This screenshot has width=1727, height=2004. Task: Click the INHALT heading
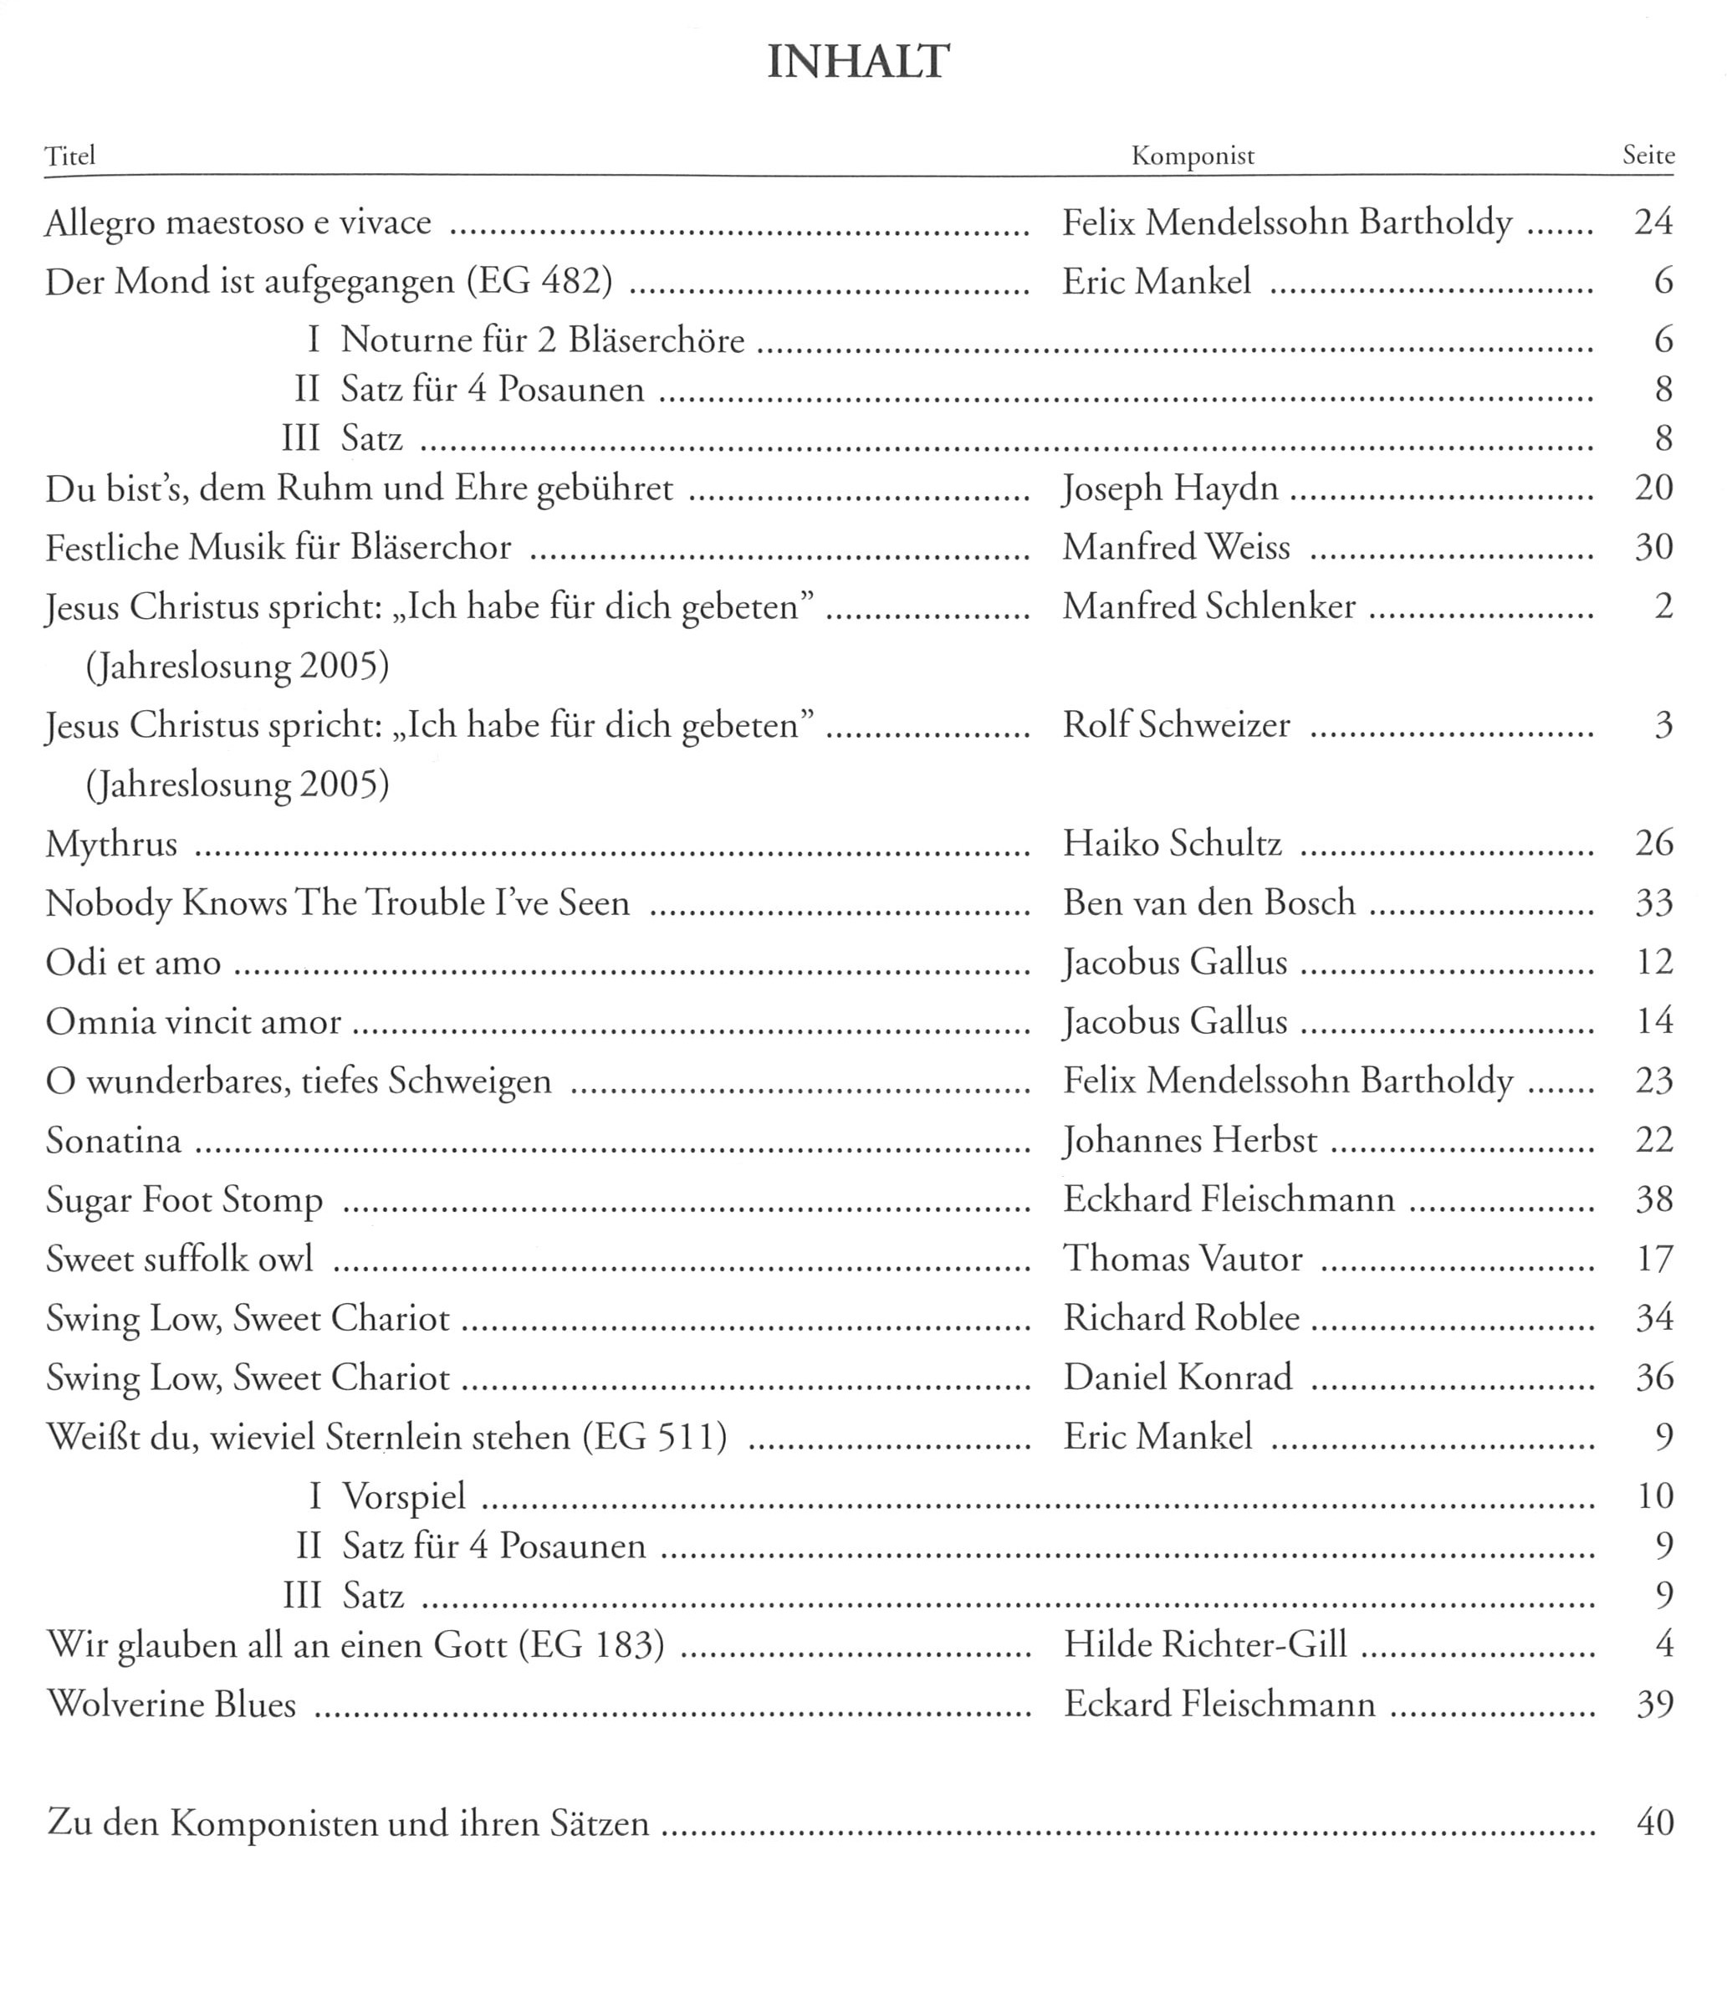click(859, 63)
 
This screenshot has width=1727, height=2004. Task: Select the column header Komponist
click(1193, 156)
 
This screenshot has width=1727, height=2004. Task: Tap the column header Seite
click(1648, 156)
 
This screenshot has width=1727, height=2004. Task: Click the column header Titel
click(70, 156)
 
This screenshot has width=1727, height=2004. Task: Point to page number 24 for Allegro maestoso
click(1653, 222)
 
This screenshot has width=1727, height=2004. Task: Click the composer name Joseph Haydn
click(1170, 488)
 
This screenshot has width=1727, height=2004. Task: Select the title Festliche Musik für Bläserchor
click(278, 549)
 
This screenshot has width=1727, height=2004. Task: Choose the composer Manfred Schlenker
click(1208, 607)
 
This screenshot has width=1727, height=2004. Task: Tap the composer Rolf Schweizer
click(1176, 725)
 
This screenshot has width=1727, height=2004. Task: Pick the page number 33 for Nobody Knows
click(1653, 903)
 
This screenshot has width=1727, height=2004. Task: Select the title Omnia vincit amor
click(193, 1022)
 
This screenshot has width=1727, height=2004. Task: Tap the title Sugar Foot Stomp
click(185, 1200)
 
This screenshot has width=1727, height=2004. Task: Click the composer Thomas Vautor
click(1183, 1260)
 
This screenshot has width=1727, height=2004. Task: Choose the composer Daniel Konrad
click(1178, 1378)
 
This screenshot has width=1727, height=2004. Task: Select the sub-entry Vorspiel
click(404, 1497)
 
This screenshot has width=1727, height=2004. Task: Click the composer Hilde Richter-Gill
click(1205, 1645)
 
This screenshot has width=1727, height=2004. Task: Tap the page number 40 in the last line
click(1654, 1823)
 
